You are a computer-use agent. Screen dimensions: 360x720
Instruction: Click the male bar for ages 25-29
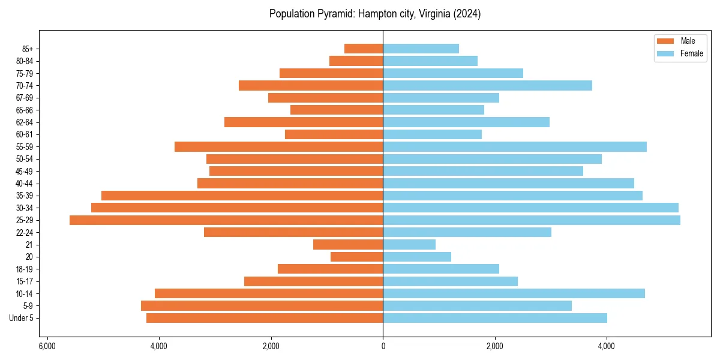tap(226, 220)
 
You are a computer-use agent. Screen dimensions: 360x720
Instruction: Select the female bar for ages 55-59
tap(515, 146)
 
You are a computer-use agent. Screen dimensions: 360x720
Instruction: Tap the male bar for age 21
tap(348, 245)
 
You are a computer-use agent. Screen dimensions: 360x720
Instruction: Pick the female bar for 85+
tap(421, 49)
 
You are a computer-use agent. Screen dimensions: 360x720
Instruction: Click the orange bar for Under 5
tap(265, 318)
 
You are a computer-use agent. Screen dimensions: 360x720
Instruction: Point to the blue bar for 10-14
tap(514, 293)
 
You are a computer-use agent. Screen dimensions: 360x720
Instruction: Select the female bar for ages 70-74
tap(487, 85)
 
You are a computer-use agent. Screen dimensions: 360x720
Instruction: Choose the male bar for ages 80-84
tap(356, 61)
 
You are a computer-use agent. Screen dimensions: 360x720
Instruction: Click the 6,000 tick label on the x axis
tap(47, 346)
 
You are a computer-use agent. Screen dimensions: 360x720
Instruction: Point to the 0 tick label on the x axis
tap(383, 346)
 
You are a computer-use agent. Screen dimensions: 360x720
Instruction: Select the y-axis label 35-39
tap(25, 196)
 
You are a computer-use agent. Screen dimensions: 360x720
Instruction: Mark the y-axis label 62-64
tap(25, 122)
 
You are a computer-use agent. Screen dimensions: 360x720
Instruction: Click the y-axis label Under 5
tap(22, 318)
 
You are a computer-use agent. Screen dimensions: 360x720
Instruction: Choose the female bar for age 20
tap(417, 257)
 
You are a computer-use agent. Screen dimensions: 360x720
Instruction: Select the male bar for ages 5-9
tap(262, 306)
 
